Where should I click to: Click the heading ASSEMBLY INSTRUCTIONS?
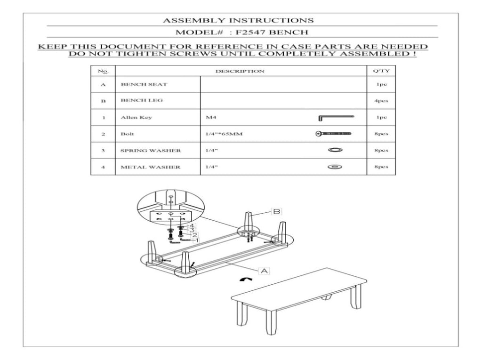pyautogui.click(x=238, y=20)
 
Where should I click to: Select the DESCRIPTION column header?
pyautogui.click(x=240, y=72)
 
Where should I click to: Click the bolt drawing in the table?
pyautogui.click(x=334, y=134)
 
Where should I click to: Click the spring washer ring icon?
pyautogui.click(x=335, y=150)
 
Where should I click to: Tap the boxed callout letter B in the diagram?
pyautogui.click(x=276, y=211)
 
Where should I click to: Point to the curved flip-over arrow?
pyautogui.click(x=246, y=280)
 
